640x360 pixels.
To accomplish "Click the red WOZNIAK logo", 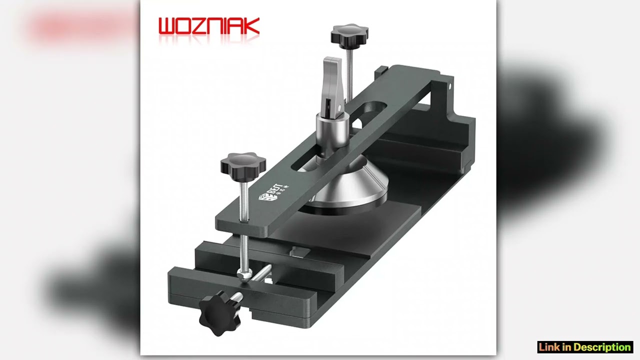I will coord(208,26).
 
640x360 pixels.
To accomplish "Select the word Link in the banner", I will coord(549,347).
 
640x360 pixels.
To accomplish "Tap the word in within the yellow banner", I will coord(566,347).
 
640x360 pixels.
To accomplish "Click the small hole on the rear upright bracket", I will coord(449,85).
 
